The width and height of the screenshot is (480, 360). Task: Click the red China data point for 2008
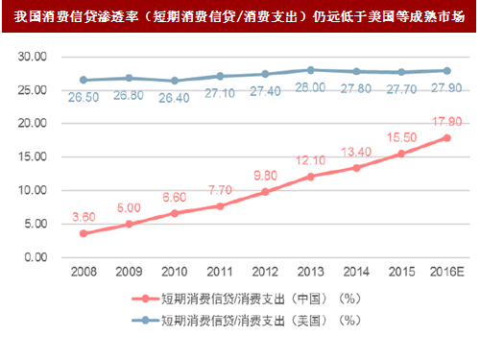point(84,233)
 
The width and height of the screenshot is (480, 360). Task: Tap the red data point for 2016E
point(446,137)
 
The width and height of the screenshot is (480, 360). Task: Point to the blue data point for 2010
point(174,81)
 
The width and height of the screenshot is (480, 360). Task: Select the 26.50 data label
point(84,96)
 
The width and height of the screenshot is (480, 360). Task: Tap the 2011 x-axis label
point(220,272)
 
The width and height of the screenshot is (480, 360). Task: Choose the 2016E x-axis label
point(445,272)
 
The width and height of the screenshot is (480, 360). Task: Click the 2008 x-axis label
point(84,272)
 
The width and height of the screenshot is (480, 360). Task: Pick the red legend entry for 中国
point(240,300)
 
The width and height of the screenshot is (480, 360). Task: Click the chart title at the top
point(240,13)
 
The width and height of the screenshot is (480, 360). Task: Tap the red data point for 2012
point(265,191)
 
